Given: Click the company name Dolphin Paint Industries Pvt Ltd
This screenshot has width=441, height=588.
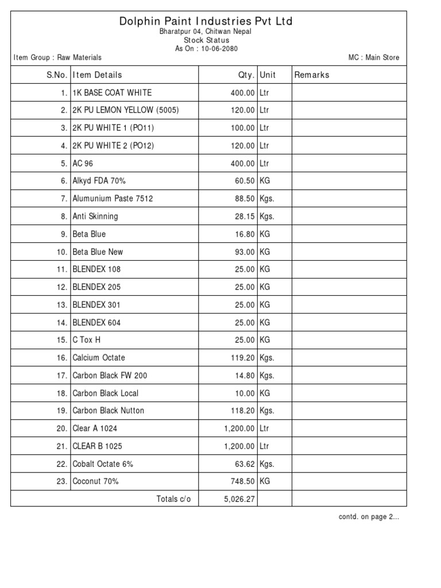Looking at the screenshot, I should point(206,21).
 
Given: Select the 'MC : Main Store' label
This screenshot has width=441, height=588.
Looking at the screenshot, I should point(373,57).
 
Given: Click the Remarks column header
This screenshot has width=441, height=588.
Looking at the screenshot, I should point(312,75).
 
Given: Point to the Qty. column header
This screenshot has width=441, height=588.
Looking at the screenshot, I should point(246,75).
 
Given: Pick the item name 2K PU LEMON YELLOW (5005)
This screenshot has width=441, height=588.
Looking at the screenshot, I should point(126,110).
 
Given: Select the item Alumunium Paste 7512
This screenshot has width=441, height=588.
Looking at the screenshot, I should point(113,199).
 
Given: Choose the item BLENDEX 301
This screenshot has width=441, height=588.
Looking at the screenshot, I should point(96,304).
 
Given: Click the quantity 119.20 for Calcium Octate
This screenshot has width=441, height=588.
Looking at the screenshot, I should point(241,358).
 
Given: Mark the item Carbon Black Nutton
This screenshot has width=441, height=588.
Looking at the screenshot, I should point(108,411).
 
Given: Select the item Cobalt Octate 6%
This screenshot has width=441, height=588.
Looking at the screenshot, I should point(103,464).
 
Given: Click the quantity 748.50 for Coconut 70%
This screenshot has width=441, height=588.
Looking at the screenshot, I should point(241,481).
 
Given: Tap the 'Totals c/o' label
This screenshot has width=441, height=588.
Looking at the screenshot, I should point(173,499).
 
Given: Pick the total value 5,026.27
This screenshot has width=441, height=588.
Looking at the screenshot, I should point(238,499).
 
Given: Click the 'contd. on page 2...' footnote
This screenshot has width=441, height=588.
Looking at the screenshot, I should point(369,517).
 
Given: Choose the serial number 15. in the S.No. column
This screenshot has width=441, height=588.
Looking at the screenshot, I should point(62,340).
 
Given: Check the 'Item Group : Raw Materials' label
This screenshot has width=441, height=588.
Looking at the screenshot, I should point(57,57).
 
